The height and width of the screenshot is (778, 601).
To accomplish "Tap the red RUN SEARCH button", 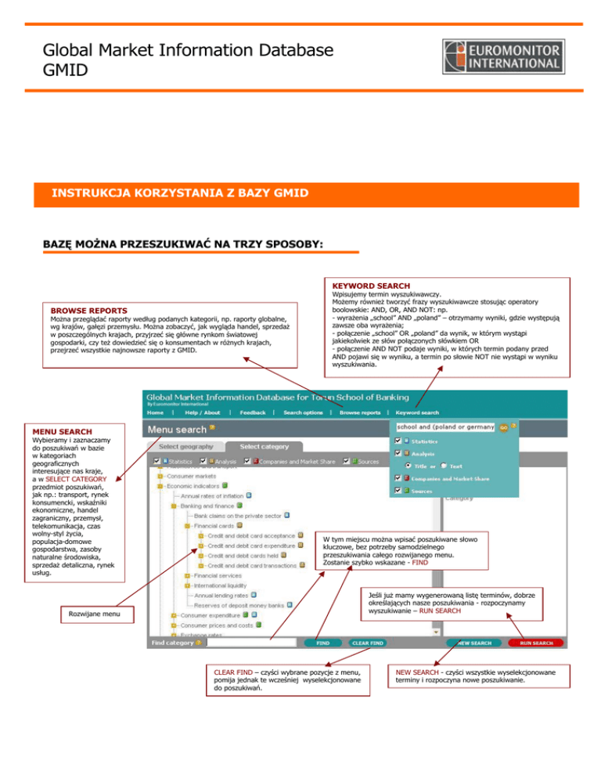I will click(x=536, y=643).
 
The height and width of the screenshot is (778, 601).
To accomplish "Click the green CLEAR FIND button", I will click(x=368, y=643).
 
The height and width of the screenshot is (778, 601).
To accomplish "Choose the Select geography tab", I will click(x=182, y=446).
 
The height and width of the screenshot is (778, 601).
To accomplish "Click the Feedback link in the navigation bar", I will click(x=252, y=412).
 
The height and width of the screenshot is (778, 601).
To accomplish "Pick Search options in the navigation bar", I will click(x=304, y=412).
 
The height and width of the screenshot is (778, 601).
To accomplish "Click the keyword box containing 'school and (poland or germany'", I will click(x=445, y=427).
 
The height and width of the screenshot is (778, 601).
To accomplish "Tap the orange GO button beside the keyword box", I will click(x=504, y=427).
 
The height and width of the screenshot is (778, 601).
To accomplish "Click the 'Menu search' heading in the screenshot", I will click(x=177, y=429).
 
